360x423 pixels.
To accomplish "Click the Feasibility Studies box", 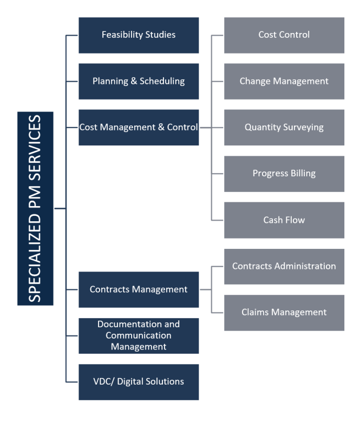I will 139,35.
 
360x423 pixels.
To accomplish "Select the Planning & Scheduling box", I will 139,81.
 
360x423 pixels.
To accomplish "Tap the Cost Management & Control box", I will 139,127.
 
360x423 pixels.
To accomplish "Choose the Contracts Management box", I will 139,289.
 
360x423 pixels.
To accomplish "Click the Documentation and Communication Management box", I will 139,335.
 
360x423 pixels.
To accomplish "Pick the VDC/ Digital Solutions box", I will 139,382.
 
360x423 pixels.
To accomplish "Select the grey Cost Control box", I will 284,35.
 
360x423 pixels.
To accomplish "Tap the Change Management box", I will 284,81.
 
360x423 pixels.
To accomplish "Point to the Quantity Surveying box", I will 284,127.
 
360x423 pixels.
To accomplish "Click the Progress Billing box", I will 284,174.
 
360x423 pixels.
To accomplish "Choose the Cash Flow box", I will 284,220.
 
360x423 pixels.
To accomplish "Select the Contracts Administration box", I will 284,266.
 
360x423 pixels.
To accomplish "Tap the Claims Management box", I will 284,312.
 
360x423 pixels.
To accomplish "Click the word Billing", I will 302,174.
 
